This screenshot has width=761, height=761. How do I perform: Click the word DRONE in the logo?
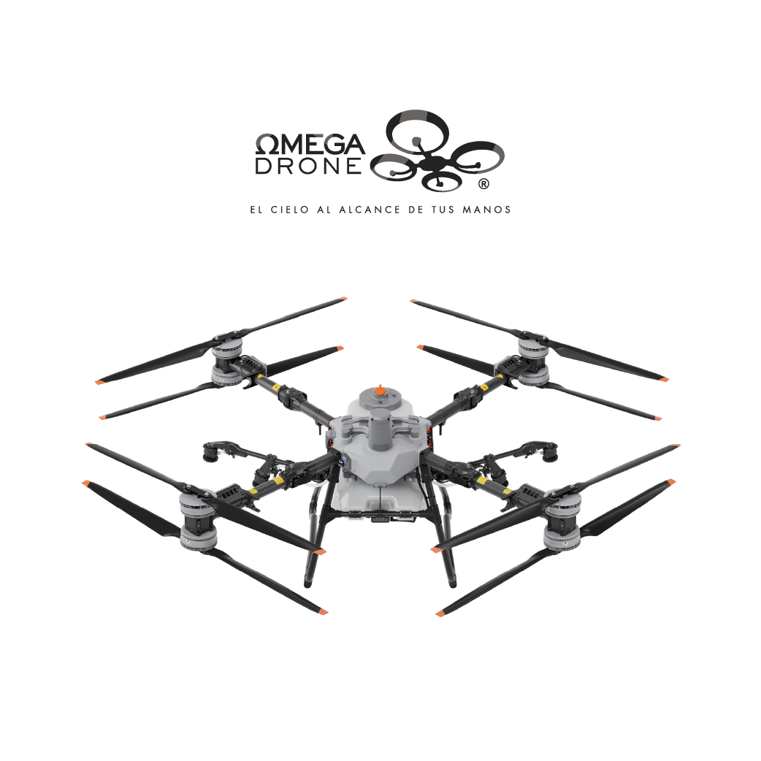click(x=309, y=166)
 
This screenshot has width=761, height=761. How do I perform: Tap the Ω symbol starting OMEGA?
click(x=267, y=144)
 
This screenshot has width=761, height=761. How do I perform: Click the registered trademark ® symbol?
click(x=483, y=184)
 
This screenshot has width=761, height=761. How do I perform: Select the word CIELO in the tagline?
click(x=290, y=210)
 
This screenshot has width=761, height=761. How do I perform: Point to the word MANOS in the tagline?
click(x=486, y=210)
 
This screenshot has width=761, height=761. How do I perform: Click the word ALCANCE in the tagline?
click(x=370, y=210)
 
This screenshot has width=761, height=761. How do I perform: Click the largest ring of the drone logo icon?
click(x=418, y=131)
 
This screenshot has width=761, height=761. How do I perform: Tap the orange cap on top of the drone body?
click(x=381, y=391)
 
